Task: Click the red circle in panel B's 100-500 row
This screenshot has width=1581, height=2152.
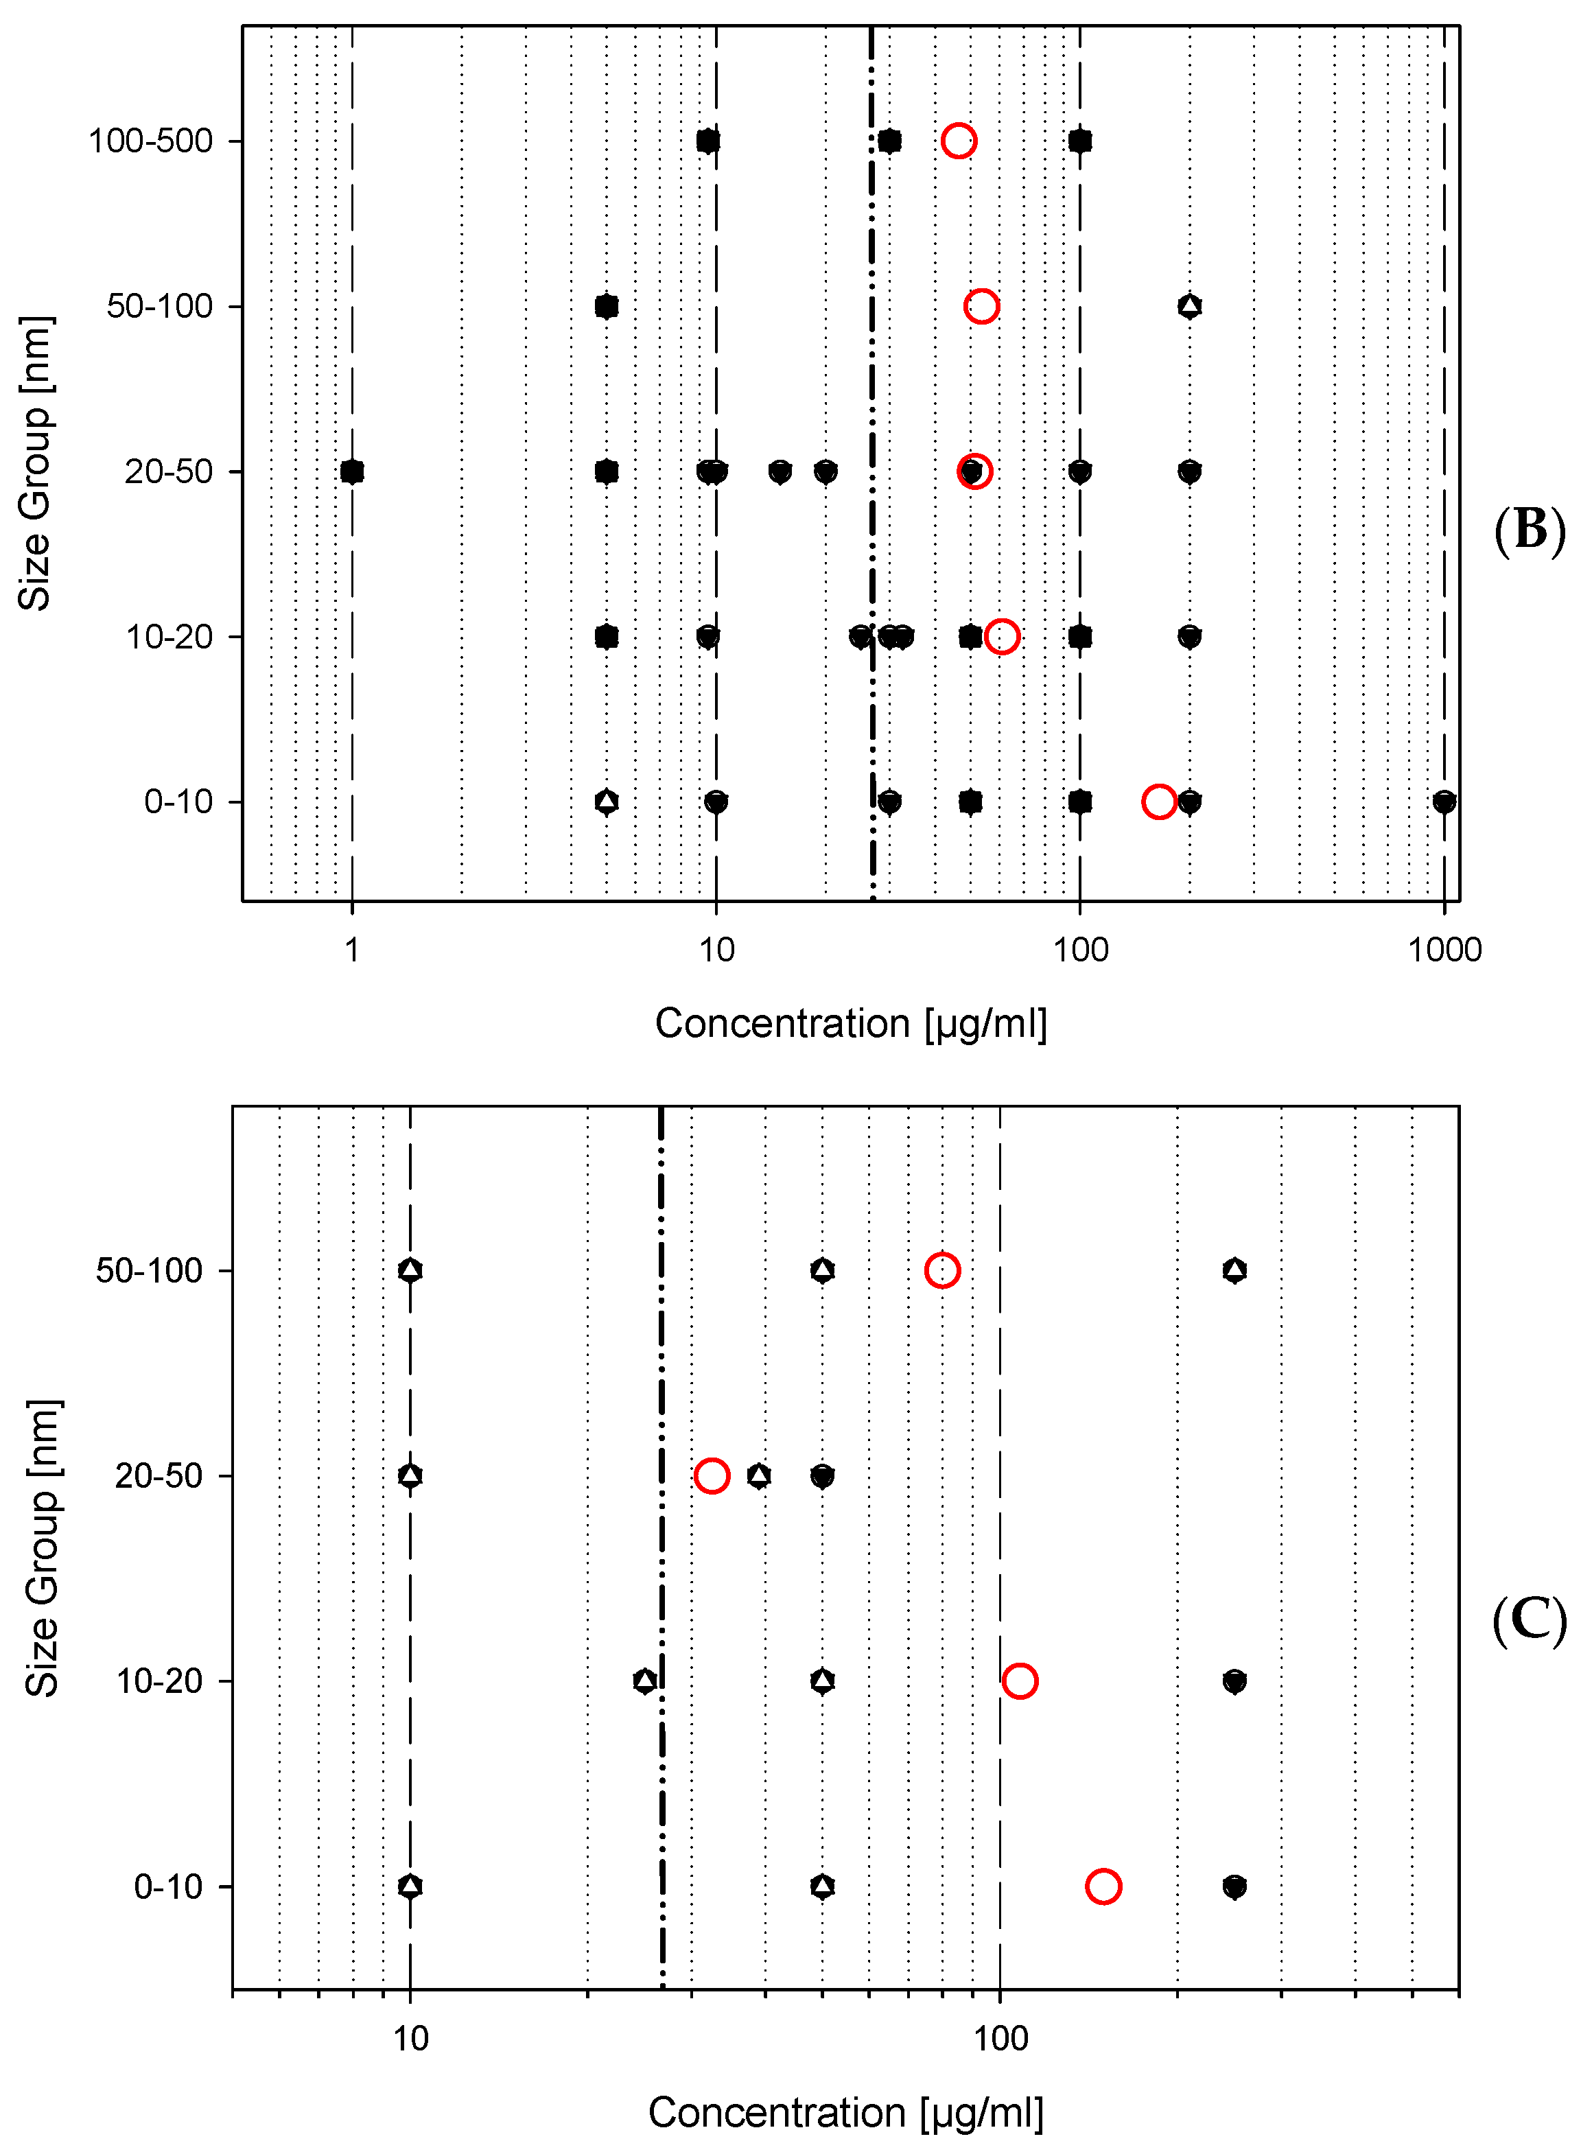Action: (x=958, y=141)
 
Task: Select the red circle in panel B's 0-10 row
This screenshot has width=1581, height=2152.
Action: (x=1158, y=801)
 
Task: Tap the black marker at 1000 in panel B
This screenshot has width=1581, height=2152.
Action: (x=1443, y=801)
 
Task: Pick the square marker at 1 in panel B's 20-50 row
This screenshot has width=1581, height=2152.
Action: (x=352, y=471)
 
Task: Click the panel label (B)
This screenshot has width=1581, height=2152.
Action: (x=1528, y=529)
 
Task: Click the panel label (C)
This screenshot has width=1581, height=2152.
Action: (x=1528, y=1621)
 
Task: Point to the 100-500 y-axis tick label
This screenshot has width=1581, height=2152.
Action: (x=150, y=141)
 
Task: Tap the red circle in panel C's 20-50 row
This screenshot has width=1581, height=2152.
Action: (x=711, y=1475)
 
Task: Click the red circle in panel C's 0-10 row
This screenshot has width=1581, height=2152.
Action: (x=1103, y=1886)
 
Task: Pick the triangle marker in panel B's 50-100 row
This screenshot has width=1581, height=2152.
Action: (x=1188, y=306)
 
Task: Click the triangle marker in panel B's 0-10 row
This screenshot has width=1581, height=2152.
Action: (x=606, y=801)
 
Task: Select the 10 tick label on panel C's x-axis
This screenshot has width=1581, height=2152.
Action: (x=410, y=2038)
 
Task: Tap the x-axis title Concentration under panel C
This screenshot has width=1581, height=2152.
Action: (x=845, y=2112)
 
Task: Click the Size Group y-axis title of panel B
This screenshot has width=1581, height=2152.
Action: (x=36, y=463)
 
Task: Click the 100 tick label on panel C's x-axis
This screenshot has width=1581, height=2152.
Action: (x=1000, y=2038)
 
